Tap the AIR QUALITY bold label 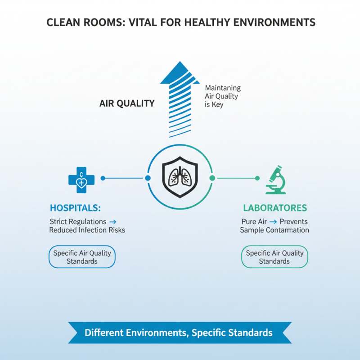[x=126, y=103]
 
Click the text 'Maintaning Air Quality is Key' [x=222, y=96]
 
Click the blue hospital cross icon [x=81, y=178]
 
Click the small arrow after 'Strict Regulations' [x=112, y=221]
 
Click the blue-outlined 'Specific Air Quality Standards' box [x=82, y=257]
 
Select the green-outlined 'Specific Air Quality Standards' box [x=274, y=257]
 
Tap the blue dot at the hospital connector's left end [x=103, y=178]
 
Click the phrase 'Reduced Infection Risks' [x=87, y=230]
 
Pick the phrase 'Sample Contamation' [x=274, y=230]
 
